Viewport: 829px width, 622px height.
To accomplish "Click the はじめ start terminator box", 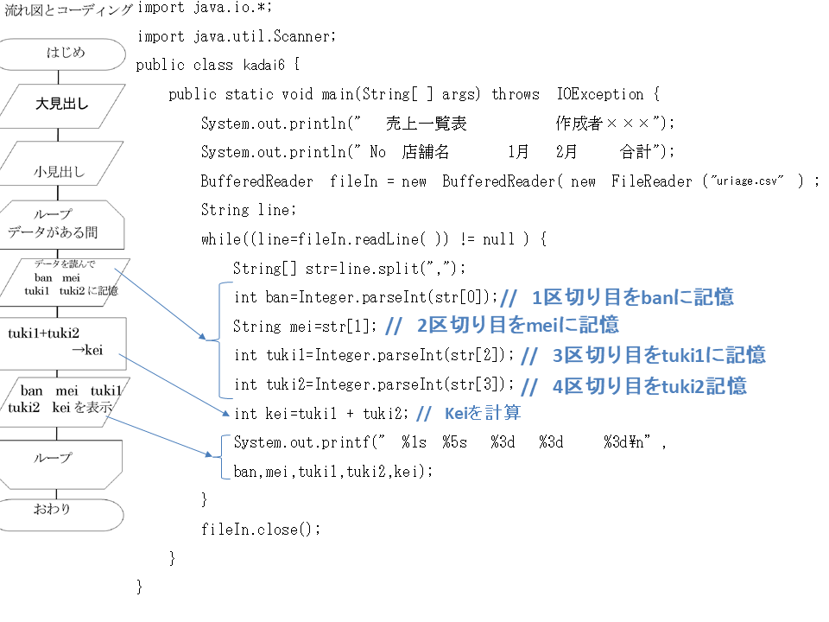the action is tap(62, 54).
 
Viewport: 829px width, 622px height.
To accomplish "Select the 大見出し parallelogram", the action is tap(62, 105).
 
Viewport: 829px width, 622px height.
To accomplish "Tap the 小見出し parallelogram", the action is tap(61, 163).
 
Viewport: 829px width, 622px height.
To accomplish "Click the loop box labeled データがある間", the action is tap(62, 225).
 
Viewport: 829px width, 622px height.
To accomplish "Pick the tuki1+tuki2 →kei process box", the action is tap(63, 343).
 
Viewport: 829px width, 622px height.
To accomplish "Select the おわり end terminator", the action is tap(61, 515).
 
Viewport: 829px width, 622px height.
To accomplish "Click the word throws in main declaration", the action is tap(516, 94).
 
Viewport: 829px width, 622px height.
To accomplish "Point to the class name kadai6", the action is tap(264, 65).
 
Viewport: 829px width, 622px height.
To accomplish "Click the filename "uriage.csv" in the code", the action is tap(747, 181).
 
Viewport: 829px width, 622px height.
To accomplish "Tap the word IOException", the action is tap(600, 94).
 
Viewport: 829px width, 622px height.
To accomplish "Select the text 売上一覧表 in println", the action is tap(426, 124).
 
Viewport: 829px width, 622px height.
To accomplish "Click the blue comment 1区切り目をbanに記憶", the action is tap(632, 297).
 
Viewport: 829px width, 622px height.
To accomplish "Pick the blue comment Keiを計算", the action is tap(483, 413).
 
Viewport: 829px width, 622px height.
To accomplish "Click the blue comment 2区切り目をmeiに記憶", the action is tap(517, 326).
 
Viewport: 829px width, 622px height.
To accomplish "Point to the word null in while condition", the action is tap(498, 239).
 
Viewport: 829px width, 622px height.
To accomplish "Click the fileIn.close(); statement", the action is tap(261, 529).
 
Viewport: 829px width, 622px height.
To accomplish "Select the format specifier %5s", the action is tap(455, 442).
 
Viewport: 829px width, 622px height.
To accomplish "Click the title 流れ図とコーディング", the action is tap(67, 10).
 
